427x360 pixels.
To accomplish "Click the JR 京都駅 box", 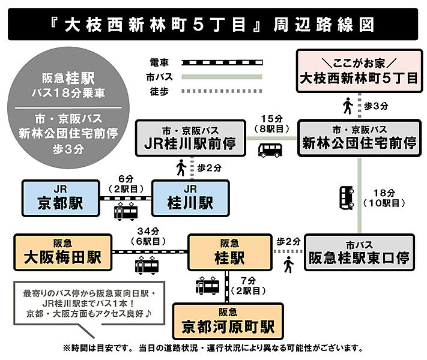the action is point(61,198).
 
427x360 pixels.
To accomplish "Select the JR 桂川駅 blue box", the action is point(190,198).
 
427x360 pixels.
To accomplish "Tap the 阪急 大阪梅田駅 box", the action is point(63,252).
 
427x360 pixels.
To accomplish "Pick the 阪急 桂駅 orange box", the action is point(230,252).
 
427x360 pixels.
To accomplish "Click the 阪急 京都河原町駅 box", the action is point(228,321).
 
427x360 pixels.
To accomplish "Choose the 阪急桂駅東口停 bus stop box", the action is point(359,252).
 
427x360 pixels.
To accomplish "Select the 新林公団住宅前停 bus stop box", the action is point(360,138).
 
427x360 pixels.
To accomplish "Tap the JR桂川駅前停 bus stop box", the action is point(190,138).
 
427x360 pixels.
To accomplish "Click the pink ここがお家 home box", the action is point(360,71).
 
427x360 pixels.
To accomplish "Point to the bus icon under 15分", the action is point(270,150).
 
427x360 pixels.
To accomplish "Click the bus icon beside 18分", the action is point(347,198).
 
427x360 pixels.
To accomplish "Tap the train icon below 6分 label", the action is point(126,211).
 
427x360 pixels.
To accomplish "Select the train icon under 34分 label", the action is point(147,265).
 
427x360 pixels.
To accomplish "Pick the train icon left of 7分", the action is point(208,286).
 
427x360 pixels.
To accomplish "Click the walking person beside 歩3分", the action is point(348,106).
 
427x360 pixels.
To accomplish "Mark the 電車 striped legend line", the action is point(222,63).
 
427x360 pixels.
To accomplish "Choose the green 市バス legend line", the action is point(222,77).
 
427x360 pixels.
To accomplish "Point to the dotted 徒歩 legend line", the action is point(222,91).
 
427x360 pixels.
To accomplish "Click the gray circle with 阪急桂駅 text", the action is point(68,108).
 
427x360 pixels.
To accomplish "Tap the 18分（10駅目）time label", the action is point(384,198).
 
